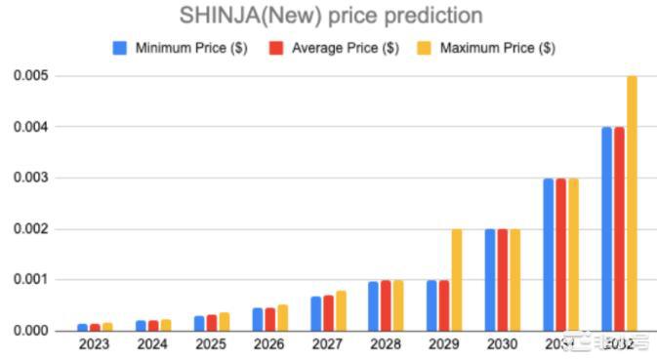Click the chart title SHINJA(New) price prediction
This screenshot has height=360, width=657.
coord(330,17)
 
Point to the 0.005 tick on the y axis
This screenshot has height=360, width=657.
coord(31,76)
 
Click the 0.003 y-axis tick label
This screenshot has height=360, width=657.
coord(31,178)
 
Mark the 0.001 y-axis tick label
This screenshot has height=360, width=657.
coord(31,280)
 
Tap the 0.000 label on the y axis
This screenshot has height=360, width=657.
coord(31,331)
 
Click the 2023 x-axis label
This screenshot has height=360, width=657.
coord(95,343)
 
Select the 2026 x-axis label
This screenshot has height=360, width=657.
coord(269,343)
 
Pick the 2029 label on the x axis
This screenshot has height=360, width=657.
coord(444,343)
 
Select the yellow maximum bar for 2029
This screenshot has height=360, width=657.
coord(457,280)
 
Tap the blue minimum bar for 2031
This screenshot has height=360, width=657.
coord(550,255)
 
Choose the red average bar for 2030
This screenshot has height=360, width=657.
coord(503,280)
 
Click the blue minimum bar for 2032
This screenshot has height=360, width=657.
coord(607,229)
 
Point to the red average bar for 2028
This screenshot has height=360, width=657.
coord(386,305)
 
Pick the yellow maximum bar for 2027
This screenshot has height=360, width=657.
coord(341,311)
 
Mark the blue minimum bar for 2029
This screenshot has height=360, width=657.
coord(432,305)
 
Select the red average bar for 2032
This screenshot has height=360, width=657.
coord(619,229)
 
